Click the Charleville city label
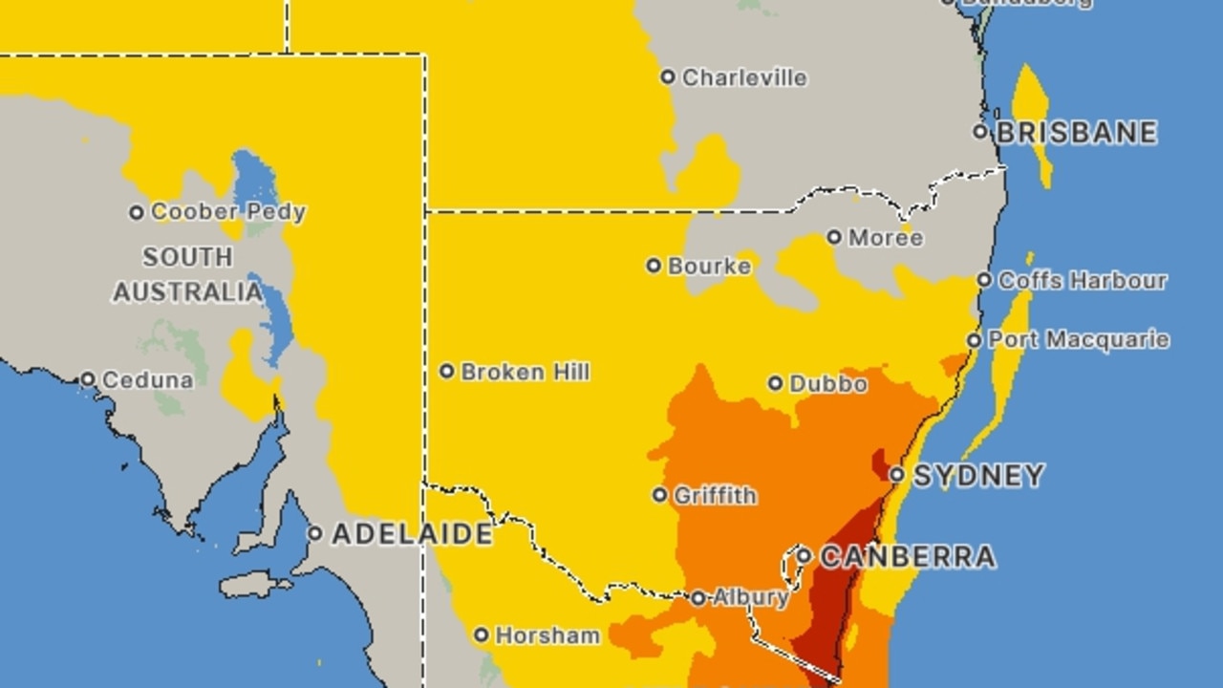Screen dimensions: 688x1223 (744, 77)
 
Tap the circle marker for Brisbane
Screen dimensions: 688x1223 (980, 131)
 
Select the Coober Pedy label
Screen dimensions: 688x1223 (228, 212)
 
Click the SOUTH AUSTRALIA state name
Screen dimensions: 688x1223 (187, 274)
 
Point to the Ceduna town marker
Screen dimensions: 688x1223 (87, 379)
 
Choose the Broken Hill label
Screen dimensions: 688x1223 (525, 372)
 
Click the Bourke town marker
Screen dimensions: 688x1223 (654, 266)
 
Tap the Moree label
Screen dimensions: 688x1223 (886, 237)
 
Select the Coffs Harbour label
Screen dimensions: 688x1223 (1083, 280)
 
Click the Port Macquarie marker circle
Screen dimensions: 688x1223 (974, 340)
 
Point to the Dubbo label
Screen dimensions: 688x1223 (828, 384)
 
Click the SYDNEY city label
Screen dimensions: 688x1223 (979, 475)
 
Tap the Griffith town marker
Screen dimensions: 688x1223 (660, 495)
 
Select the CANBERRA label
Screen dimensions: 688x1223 (908, 556)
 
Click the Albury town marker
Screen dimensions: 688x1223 (698, 598)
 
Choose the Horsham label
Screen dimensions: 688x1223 (548, 635)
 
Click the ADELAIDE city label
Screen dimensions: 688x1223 (412, 533)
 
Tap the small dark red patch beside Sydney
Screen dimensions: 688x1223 (879, 464)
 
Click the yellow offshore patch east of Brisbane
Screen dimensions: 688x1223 (1032, 115)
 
